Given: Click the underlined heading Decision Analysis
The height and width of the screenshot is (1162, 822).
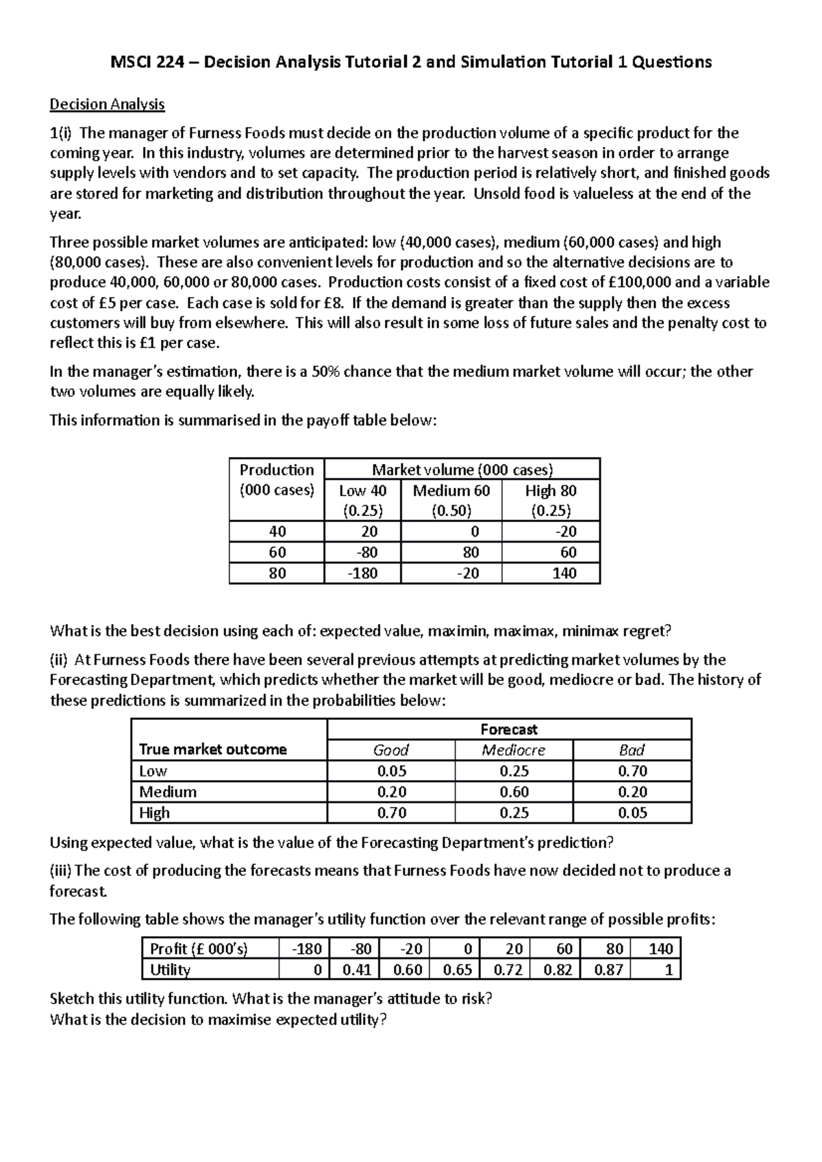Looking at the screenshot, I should pos(107,105).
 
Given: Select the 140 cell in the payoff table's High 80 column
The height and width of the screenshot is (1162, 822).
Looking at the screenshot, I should pos(564,573).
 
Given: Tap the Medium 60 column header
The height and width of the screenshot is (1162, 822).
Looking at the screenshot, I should pos(451,491).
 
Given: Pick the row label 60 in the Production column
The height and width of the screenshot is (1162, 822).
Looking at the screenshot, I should pos(277,552).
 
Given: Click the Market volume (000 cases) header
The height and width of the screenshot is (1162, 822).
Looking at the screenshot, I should pos(462,469).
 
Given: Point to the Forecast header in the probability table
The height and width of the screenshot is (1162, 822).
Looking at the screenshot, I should pos(509,730).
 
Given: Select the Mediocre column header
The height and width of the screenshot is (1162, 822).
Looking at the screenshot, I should pos(513,750).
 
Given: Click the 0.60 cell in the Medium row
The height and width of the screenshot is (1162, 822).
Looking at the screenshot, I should pos(513,792).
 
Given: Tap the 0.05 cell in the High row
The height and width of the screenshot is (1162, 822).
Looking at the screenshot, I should pos(632,813).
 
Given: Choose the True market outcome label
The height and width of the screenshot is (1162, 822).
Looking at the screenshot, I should pos(212,749).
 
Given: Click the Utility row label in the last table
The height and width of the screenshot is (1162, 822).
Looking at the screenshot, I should pos(170,970).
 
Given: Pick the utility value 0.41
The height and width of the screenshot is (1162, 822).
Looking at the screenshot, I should pos(356,970).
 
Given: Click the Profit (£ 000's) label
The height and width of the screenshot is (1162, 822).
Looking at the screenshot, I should pos(199,948).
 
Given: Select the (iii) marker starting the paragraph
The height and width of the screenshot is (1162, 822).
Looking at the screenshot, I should pos(60,871).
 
